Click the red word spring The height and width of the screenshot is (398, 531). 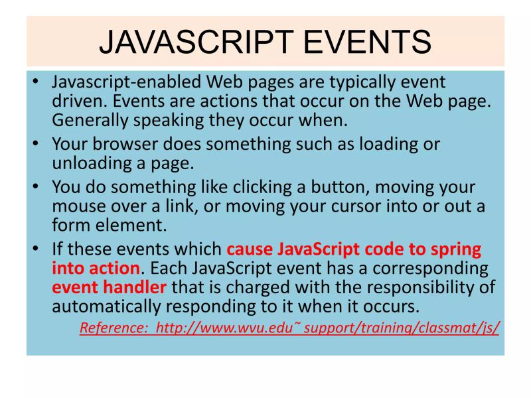pyautogui.click(x=452, y=249)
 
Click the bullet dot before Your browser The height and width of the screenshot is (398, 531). pyautogui.click(x=36, y=143)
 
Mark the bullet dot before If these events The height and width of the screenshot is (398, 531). pyautogui.click(x=36, y=249)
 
